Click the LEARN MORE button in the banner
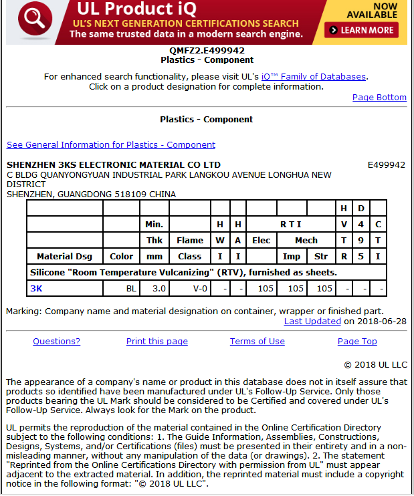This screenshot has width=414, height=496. (361, 30)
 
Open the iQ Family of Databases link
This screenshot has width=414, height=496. (314, 76)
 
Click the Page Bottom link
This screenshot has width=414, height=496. (379, 98)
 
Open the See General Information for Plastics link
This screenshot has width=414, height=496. (111, 145)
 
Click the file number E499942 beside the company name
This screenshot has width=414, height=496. (386, 164)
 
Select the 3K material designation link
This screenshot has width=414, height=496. (36, 288)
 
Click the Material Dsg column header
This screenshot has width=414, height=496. (65, 256)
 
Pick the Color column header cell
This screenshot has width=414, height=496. (121, 256)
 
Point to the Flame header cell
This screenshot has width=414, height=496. (190, 240)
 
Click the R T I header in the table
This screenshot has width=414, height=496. (290, 224)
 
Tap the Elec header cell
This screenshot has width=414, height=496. (261, 240)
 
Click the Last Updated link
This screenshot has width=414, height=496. (312, 321)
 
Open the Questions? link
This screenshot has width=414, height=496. (56, 342)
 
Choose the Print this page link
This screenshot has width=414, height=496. (157, 342)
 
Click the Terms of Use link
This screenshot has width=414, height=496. (257, 342)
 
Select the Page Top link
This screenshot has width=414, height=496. (357, 342)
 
